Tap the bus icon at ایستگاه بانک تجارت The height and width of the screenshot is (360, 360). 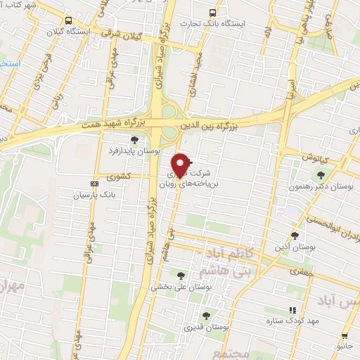pos(213,13)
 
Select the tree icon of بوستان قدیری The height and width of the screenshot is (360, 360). pos(206,316)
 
